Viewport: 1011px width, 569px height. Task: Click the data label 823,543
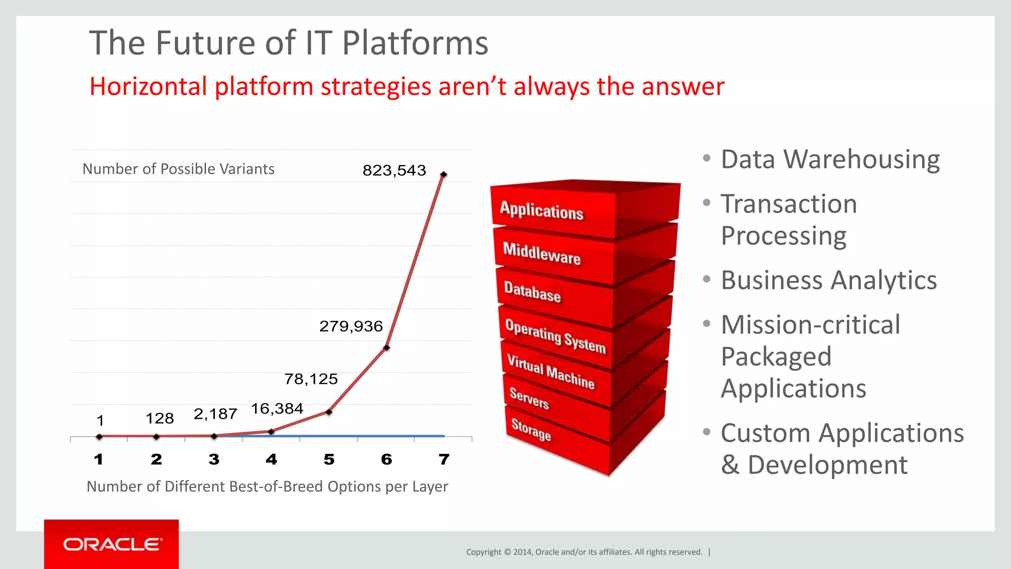tap(394, 170)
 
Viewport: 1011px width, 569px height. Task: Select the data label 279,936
tap(351, 326)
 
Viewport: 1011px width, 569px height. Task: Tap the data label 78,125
tap(311, 379)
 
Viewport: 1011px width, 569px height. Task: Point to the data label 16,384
tap(277, 408)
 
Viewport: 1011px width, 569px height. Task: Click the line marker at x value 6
tap(387, 348)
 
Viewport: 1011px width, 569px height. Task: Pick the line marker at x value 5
tap(329, 412)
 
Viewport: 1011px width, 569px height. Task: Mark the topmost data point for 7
tap(443, 174)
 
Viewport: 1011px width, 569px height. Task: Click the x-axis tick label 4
tap(271, 459)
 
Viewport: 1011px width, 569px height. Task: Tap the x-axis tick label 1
tap(99, 459)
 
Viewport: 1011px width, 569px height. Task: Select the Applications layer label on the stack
tap(542, 211)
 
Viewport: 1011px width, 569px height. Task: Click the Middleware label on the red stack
tap(542, 253)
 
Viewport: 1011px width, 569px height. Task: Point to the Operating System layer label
tap(555, 336)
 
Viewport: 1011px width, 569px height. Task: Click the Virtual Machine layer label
tap(550, 372)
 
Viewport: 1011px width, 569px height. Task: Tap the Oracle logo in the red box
tap(112, 544)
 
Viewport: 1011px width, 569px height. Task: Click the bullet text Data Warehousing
tap(830, 160)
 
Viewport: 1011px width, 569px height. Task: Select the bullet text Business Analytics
tap(828, 280)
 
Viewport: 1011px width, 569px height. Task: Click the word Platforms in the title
tap(415, 43)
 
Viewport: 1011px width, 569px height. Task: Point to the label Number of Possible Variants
tap(178, 169)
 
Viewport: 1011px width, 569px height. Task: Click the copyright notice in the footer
tap(584, 552)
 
